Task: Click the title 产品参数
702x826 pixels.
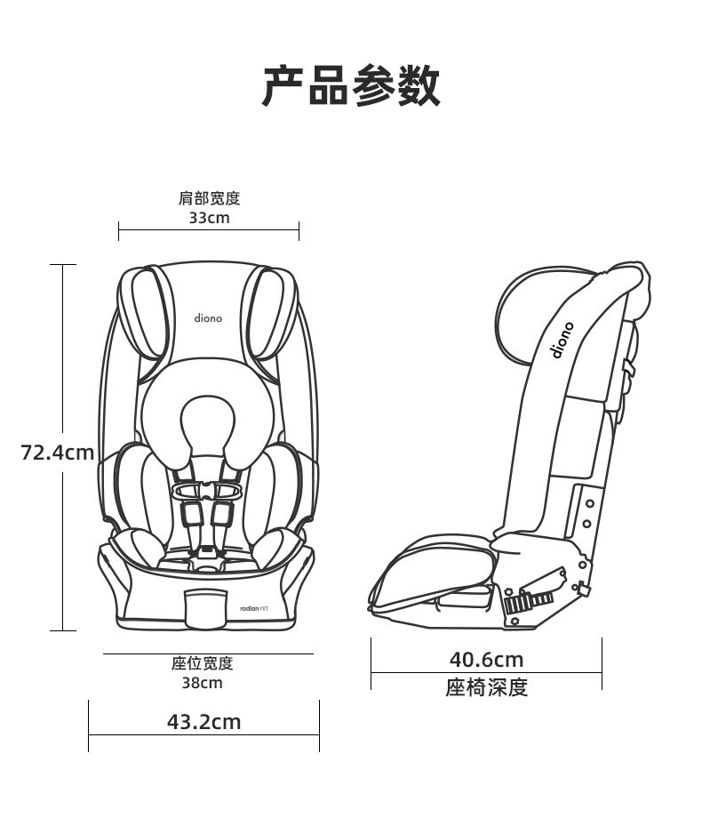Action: (x=351, y=86)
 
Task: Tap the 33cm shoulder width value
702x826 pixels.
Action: (x=209, y=218)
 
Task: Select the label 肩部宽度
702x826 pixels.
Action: (x=209, y=198)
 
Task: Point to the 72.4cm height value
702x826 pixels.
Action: (x=58, y=453)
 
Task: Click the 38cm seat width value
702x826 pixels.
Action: (x=203, y=683)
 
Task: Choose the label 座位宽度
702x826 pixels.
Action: (x=203, y=663)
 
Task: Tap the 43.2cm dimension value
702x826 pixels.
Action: (x=204, y=721)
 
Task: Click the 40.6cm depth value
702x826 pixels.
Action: (x=486, y=660)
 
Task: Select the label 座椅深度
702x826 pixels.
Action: (x=486, y=687)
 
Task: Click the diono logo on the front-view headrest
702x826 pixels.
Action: (x=209, y=317)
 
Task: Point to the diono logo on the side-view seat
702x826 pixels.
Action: (x=563, y=340)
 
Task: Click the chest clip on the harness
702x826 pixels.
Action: (x=207, y=490)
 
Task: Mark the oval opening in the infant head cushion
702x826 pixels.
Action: (x=206, y=422)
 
